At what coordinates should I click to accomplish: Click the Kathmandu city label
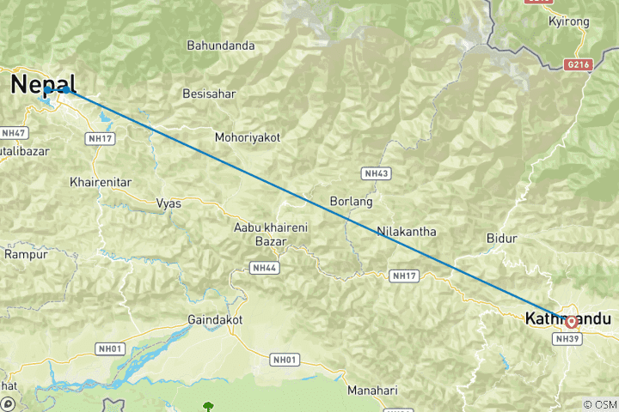(x=567, y=318)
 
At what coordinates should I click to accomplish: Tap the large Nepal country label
(x=43, y=83)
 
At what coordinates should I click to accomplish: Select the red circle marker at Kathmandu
(x=572, y=323)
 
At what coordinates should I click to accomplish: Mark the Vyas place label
(x=169, y=203)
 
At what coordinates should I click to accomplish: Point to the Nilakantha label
(x=406, y=232)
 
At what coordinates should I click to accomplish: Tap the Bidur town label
(x=501, y=237)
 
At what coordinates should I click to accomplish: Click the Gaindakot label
(x=214, y=319)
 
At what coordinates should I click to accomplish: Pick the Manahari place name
(x=372, y=391)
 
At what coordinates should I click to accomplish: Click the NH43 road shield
(x=377, y=173)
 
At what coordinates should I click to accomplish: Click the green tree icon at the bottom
(x=207, y=405)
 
